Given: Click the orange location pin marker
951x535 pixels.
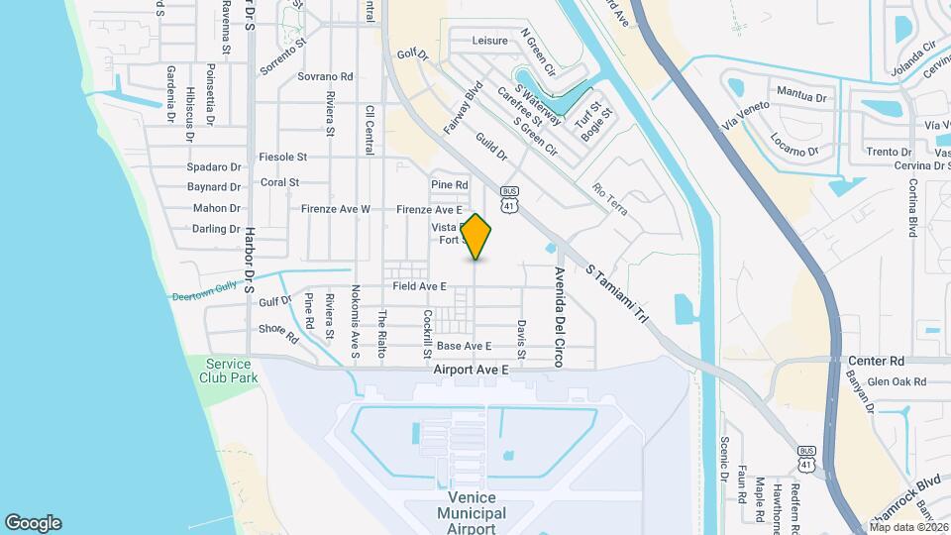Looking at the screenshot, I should (476, 237).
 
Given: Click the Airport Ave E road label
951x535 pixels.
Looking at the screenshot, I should (471, 370).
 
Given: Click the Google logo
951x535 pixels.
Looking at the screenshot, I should (33, 523).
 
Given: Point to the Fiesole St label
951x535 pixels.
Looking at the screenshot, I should (282, 157).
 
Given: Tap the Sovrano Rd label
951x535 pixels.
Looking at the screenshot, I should (326, 76).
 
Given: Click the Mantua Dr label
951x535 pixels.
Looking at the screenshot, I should (800, 96).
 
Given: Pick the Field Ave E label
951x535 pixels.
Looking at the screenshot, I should (419, 286).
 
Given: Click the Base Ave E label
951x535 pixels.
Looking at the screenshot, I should (465, 346).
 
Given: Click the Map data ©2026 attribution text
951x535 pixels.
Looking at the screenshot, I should (907, 527).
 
